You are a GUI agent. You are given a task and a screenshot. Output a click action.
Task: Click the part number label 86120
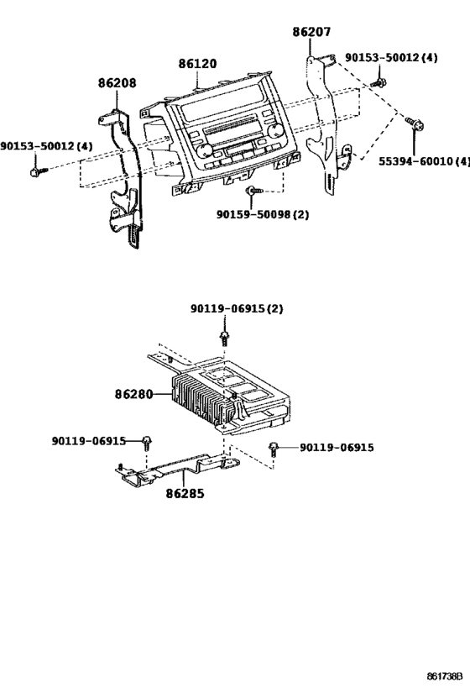[x=198, y=64]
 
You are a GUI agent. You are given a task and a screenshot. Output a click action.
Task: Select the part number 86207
[x=311, y=33]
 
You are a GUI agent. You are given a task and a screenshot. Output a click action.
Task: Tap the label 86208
[x=117, y=83]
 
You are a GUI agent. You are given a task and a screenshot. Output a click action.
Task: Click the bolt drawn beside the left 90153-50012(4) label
[x=34, y=171]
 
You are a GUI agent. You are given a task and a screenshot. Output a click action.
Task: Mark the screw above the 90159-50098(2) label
[x=251, y=194]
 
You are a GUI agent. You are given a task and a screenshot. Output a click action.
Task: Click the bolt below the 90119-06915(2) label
[x=225, y=338]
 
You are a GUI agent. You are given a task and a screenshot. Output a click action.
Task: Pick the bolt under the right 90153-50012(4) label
[x=380, y=82]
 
